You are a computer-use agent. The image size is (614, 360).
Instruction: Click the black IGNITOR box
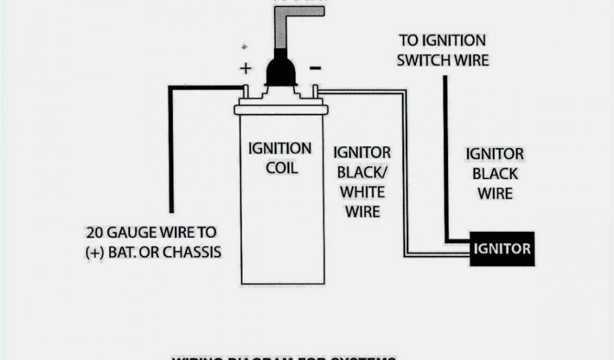(x=501, y=248)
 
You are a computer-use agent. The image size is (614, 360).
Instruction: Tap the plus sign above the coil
(x=245, y=68)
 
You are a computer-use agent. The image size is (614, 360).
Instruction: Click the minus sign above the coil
(x=314, y=67)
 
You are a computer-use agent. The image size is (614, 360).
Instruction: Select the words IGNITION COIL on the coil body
(x=280, y=157)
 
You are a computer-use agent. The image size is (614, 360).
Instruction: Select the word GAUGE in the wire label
(x=140, y=232)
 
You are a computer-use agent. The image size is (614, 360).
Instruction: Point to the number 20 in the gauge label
(x=96, y=232)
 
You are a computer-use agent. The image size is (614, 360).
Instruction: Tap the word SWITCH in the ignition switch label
(x=425, y=60)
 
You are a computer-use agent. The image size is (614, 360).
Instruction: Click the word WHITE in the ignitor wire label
(x=362, y=192)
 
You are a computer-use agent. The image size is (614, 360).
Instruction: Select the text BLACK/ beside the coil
(x=362, y=172)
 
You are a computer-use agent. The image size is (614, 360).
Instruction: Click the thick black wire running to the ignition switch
(x=446, y=156)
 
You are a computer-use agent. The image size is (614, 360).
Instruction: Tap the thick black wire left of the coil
(x=170, y=150)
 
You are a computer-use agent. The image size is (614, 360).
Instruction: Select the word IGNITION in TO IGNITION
(x=451, y=41)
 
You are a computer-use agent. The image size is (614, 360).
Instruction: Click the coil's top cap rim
(x=280, y=110)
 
